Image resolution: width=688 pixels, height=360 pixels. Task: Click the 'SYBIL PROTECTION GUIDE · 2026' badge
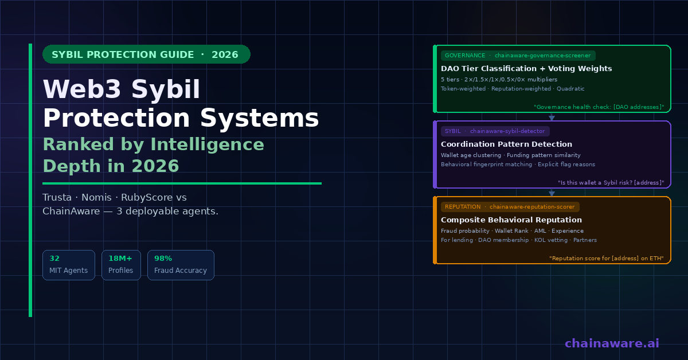146,54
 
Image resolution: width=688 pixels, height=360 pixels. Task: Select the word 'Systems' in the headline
260,118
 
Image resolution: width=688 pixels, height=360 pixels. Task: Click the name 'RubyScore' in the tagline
147,197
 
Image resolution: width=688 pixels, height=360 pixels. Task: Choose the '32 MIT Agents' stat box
68,265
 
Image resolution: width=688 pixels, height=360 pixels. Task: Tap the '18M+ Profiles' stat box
121,265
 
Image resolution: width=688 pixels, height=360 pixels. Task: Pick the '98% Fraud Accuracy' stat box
181,265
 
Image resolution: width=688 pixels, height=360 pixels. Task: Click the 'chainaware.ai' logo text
612,343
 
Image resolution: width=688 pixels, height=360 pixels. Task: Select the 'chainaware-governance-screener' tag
518,56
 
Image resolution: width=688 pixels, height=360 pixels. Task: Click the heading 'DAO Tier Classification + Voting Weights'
526,68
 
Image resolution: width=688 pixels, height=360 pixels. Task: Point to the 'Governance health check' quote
599,107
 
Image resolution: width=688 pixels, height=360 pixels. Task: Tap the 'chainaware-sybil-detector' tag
495,131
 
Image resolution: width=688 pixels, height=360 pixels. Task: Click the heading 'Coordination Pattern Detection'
506,144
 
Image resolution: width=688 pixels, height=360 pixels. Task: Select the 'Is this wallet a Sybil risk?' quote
611,183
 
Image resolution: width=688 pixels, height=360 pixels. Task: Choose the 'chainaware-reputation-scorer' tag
510,207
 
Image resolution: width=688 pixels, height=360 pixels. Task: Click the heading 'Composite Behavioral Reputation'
511,220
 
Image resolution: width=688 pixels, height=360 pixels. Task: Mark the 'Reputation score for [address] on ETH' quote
607,259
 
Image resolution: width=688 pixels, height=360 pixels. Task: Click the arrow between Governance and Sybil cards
552,117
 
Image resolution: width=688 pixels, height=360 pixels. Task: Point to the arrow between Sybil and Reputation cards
552,192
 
